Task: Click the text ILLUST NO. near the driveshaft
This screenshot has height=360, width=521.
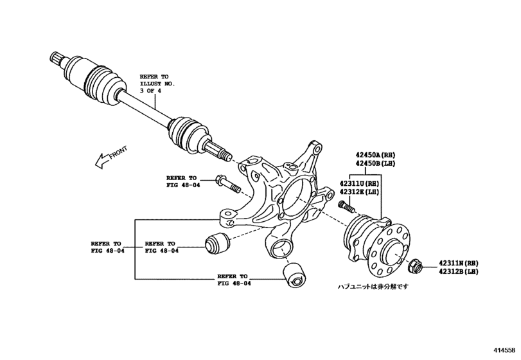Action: [157, 84]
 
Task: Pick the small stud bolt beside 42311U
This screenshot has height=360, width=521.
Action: [346, 208]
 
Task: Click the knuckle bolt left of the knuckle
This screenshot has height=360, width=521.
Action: [227, 183]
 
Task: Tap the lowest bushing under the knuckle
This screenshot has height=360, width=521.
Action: [296, 274]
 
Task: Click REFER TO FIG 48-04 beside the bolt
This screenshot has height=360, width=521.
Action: [182, 181]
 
